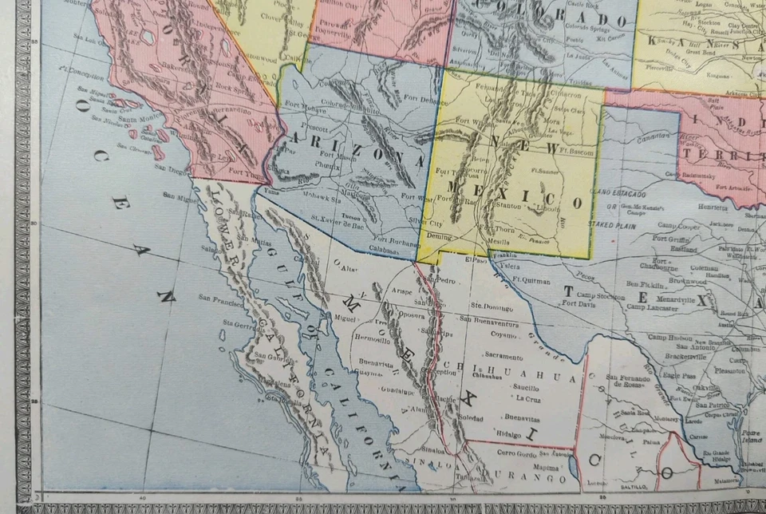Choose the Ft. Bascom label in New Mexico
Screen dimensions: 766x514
[x=574, y=149]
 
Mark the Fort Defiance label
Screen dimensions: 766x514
[x=414, y=101]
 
